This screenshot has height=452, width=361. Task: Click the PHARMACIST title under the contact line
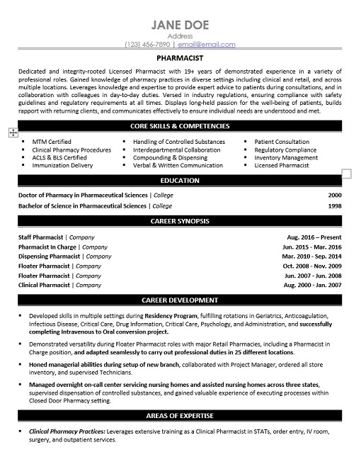(180, 60)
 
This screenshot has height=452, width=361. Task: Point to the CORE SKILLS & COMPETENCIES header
(180, 125)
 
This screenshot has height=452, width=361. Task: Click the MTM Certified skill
(51, 142)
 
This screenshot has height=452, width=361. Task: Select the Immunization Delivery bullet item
(62, 165)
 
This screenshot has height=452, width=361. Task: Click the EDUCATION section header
(180, 181)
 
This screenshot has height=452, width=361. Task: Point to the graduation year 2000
(335, 194)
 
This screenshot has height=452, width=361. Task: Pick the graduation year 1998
(335, 205)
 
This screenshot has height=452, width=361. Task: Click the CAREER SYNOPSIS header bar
(180, 221)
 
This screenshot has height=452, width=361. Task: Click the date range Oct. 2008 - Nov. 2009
(312, 265)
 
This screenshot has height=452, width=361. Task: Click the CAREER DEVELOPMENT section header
(180, 300)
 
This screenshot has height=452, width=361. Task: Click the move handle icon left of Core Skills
(13, 132)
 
